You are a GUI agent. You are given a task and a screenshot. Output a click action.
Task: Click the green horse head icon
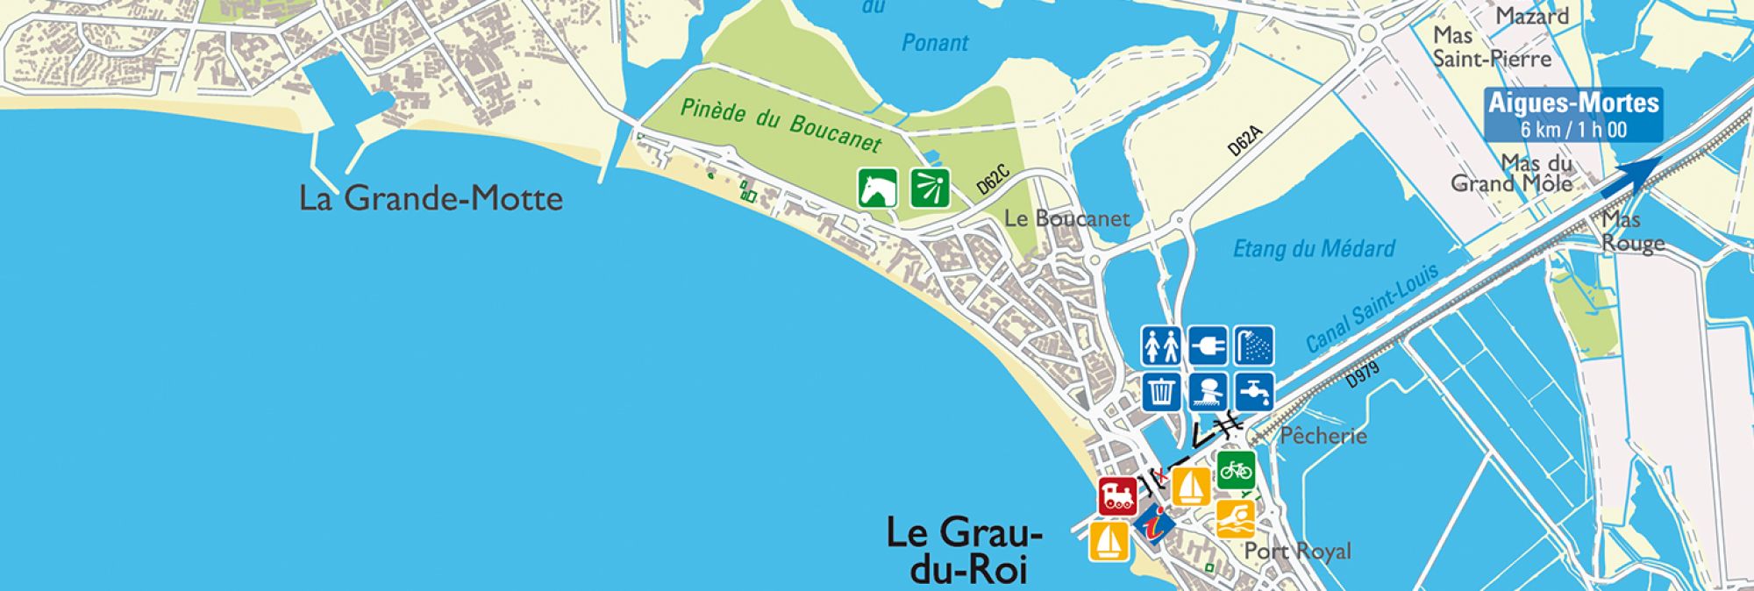point(877,188)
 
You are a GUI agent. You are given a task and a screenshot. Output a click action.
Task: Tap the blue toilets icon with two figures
point(1161,346)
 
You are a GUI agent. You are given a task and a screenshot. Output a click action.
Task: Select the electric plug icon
point(1208,346)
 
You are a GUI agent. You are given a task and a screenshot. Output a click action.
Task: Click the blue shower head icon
point(1254,346)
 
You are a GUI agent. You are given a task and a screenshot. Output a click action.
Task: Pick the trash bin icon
point(1161,391)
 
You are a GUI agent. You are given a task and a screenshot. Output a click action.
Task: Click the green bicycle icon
point(1236,471)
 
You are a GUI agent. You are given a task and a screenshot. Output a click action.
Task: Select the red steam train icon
point(1117,496)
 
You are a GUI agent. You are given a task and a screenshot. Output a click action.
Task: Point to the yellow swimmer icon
point(1236,519)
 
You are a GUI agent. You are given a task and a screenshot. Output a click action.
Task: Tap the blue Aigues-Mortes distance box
point(1573,115)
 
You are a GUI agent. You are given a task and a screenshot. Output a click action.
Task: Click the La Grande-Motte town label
point(431,198)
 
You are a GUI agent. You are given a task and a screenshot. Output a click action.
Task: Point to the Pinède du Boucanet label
point(781,125)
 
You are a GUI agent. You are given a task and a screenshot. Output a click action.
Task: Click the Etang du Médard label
point(1314,249)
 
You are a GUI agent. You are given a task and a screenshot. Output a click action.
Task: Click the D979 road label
point(1363,374)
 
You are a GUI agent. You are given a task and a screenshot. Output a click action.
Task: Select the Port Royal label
point(1298,552)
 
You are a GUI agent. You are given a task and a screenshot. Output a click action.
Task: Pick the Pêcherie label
point(1323,435)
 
